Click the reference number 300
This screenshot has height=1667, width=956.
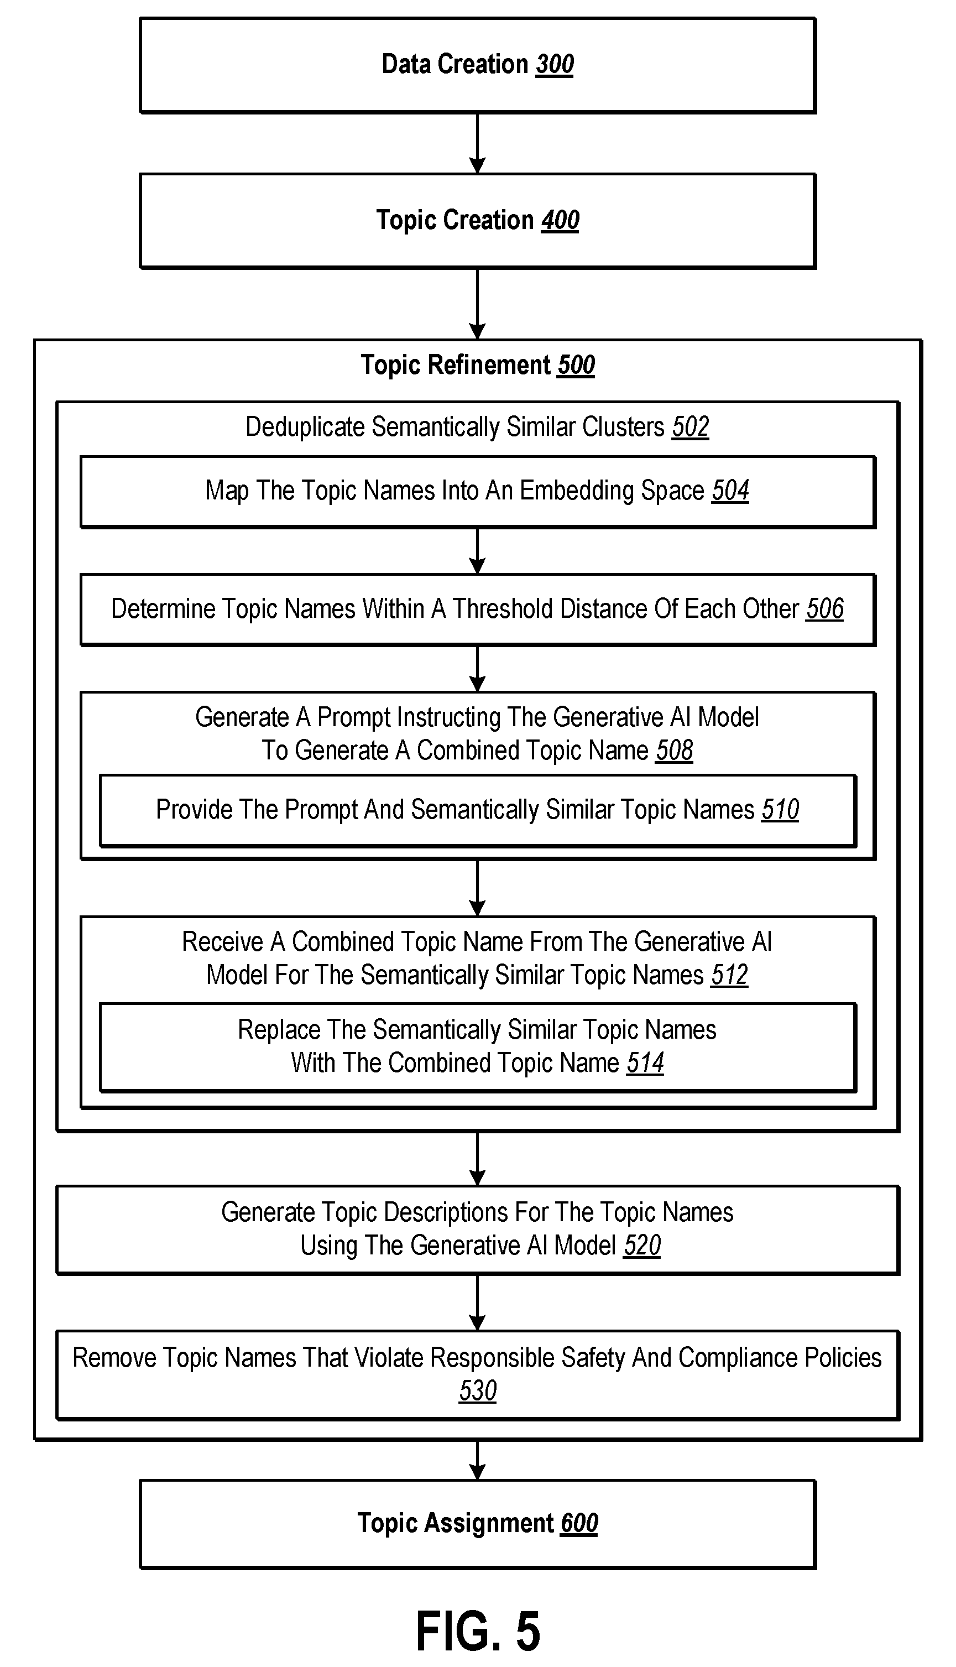pos(555,64)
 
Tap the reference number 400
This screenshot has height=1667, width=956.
pos(560,220)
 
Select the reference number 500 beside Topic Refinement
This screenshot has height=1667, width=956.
pos(576,365)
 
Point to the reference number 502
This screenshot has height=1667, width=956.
pos(690,427)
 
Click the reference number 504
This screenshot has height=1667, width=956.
pos(730,491)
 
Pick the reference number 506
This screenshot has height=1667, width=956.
pos(825,609)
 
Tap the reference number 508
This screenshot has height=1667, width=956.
pos(675,750)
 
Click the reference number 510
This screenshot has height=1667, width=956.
pos(780,810)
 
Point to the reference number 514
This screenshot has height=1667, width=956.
pos(645,1062)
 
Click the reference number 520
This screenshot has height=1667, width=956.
pos(642,1246)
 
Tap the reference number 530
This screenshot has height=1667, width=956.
pos(478,1390)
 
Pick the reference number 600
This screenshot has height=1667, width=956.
pos(579,1523)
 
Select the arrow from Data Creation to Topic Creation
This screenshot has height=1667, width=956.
pos(478,143)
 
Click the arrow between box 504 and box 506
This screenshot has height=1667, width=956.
pos(478,551)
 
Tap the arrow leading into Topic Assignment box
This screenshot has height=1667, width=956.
pos(478,1461)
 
